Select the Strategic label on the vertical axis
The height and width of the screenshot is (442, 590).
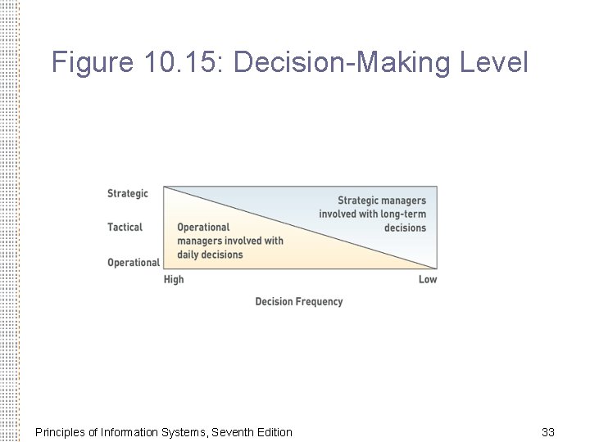128,193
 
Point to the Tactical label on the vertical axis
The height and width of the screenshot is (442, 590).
125,227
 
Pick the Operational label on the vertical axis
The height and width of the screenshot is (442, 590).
133,262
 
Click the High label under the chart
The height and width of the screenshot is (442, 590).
174,280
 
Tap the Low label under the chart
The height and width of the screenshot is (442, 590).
427,280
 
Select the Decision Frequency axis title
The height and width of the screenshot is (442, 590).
298,301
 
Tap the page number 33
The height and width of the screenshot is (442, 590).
548,431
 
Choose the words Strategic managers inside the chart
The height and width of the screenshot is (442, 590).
382,201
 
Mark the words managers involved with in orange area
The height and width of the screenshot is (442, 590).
229,241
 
